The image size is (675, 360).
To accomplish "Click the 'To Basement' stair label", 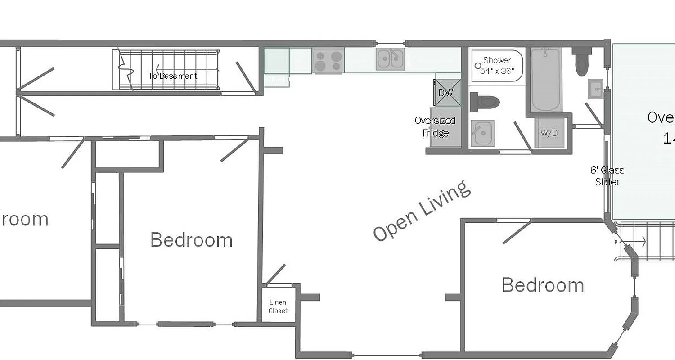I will [x=173, y=76].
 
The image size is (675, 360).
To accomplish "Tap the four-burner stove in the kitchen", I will [x=328, y=61].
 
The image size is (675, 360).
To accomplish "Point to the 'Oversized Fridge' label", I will [x=435, y=127].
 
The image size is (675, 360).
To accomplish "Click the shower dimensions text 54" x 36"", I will [x=497, y=72].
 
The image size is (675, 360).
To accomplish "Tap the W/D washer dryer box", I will [x=549, y=133].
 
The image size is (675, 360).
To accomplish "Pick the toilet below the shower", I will [x=484, y=102].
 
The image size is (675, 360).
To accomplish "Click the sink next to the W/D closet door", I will [x=482, y=133].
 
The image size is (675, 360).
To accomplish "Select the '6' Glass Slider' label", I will [x=607, y=176].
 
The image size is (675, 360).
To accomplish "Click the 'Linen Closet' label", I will [x=278, y=306].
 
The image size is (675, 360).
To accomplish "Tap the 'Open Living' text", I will [x=422, y=211].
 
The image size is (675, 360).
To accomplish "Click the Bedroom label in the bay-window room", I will [x=543, y=285].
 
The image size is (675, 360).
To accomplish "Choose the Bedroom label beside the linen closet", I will [x=191, y=240].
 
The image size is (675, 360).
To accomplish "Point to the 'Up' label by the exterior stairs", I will [x=614, y=241].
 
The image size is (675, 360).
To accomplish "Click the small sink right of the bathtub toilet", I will [x=595, y=89].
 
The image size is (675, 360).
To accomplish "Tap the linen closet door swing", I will [x=276, y=274].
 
